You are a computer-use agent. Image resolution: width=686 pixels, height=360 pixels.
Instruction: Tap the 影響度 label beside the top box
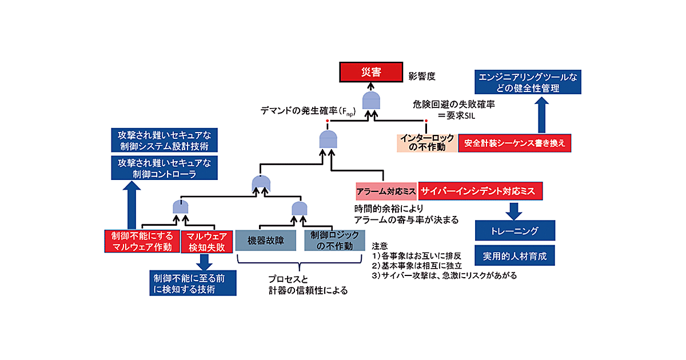click(422, 75)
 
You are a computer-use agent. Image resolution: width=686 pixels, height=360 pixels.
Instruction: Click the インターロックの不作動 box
click(427, 143)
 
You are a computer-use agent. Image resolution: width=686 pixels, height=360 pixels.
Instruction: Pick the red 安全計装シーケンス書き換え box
click(515, 143)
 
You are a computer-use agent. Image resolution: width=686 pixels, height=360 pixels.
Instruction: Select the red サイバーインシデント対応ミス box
click(480, 191)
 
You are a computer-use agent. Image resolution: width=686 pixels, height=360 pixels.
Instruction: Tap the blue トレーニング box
click(514, 231)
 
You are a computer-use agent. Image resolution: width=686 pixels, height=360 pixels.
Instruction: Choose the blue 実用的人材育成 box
click(514, 257)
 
